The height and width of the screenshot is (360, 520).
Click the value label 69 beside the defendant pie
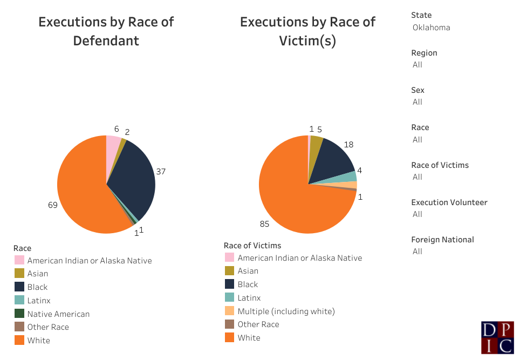(53, 205)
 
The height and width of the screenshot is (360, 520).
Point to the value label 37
(161, 172)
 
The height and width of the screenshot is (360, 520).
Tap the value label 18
(348, 145)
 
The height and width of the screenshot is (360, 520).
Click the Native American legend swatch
(19, 314)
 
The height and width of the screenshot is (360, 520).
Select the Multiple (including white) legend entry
(286, 311)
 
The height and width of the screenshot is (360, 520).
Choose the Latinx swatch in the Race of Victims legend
(229, 298)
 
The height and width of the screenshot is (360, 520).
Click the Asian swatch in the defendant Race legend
(19, 274)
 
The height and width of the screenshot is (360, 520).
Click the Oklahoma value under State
(432, 28)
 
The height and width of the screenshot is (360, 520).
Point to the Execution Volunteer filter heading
(449, 202)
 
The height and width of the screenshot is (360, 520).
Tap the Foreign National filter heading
(442, 240)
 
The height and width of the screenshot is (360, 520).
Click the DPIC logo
(497, 338)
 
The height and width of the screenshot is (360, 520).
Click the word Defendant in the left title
(106, 40)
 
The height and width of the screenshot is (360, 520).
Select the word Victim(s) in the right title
(307, 40)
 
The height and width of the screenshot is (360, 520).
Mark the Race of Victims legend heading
(252, 246)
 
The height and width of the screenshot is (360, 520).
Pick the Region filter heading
(424, 53)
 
